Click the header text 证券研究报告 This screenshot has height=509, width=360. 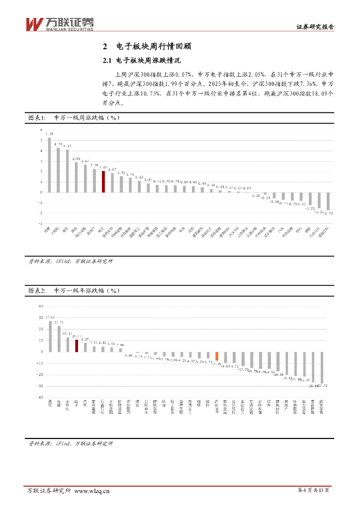(315, 27)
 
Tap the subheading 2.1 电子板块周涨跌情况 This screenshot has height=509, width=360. (141, 61)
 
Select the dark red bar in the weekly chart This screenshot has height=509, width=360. (103, 182)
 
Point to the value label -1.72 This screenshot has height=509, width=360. (329, 213)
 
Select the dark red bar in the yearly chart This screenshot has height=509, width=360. (77, 346)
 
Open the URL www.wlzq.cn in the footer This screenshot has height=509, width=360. (92, 491)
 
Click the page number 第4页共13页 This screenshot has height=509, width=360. (313, 491)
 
